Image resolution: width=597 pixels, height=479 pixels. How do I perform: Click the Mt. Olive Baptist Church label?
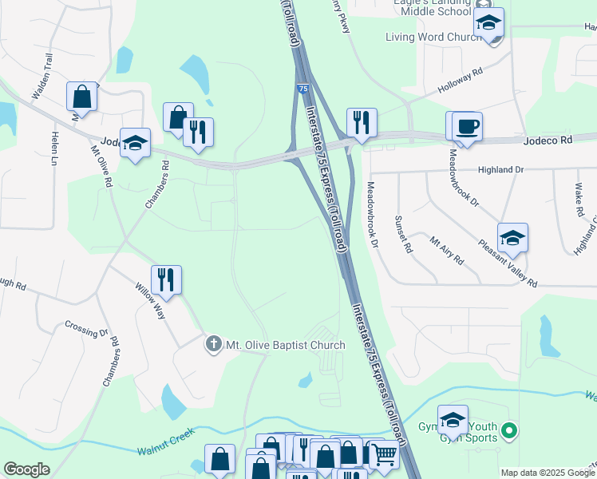point(286,345)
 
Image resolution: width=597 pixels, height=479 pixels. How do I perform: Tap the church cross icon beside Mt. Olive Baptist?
point(213,345)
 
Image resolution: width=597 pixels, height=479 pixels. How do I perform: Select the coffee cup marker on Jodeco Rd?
point(467,125)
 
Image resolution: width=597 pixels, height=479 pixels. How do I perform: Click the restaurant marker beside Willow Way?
point(166,279)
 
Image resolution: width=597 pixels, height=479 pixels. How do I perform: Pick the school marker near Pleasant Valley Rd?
point(512,237)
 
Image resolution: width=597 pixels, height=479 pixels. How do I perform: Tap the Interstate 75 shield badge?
point(302,88)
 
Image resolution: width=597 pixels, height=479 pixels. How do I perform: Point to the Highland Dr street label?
point(500,169)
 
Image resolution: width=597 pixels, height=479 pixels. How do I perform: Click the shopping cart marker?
point(385,455)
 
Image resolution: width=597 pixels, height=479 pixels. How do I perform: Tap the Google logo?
point(26,469)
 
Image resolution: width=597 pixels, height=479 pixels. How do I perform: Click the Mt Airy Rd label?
point(447,250)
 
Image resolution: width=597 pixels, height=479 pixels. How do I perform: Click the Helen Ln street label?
point(55,148)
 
